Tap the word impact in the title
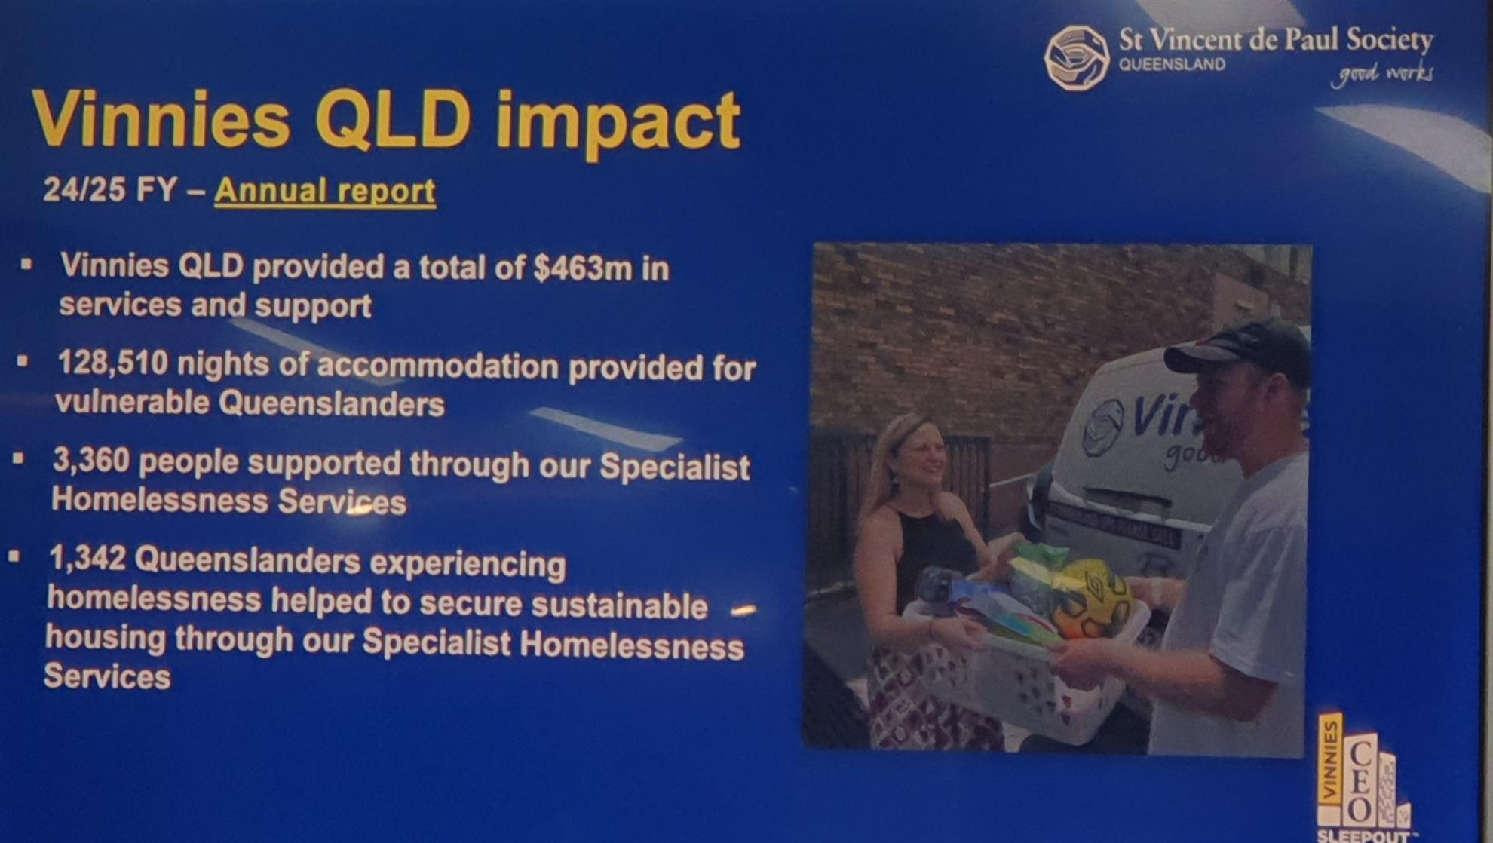618,123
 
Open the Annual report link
325,192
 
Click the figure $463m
583,269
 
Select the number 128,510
113,363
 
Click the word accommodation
438,366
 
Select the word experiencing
468,565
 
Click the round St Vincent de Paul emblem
1077,58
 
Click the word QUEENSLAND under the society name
1172,65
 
